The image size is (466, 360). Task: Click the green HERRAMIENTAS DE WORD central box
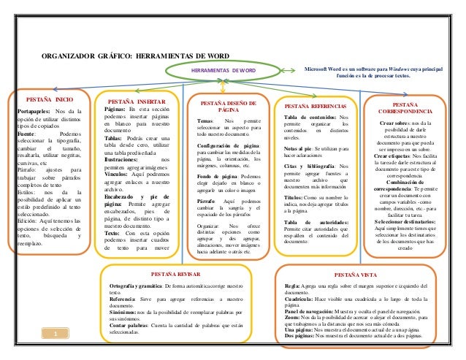click(x=224, y=71)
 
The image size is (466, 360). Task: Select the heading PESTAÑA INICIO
click(x=49, y=98)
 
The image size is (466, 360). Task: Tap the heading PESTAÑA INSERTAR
click(x=137, y=102)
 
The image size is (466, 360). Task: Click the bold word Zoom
click(x=291, y=320)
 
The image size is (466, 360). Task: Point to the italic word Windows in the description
click(x=412, y=67)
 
